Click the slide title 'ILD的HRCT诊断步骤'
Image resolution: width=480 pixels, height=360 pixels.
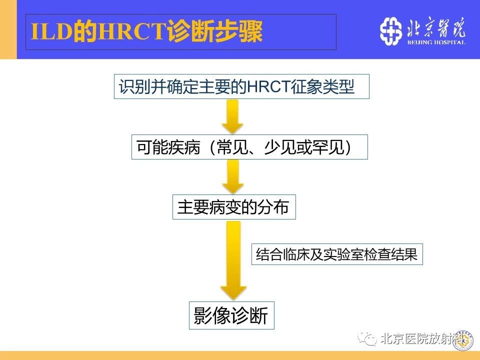pos(146,31)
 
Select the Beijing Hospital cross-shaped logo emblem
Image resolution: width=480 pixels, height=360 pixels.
pos(390,31)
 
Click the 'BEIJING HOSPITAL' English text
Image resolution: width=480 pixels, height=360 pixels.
pos(436,42)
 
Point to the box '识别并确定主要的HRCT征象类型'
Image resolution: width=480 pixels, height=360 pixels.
pos(241,86)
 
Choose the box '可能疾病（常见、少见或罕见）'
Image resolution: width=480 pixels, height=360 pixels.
pos(249,147)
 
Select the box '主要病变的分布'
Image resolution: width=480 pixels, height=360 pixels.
pos(234,207)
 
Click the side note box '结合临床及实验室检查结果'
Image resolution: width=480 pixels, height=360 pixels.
pos(337,254)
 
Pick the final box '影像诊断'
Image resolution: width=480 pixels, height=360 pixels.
pos(231,315)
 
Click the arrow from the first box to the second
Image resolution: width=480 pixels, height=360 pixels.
pos(232,116)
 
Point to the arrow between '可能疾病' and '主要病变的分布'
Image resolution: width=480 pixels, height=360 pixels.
pos(233,176)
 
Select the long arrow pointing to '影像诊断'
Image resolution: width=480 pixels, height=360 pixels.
pos(233,260)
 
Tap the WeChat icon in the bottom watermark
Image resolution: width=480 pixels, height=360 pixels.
pos(367,338)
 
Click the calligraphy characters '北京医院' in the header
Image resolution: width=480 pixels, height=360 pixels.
pos(436,28)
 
